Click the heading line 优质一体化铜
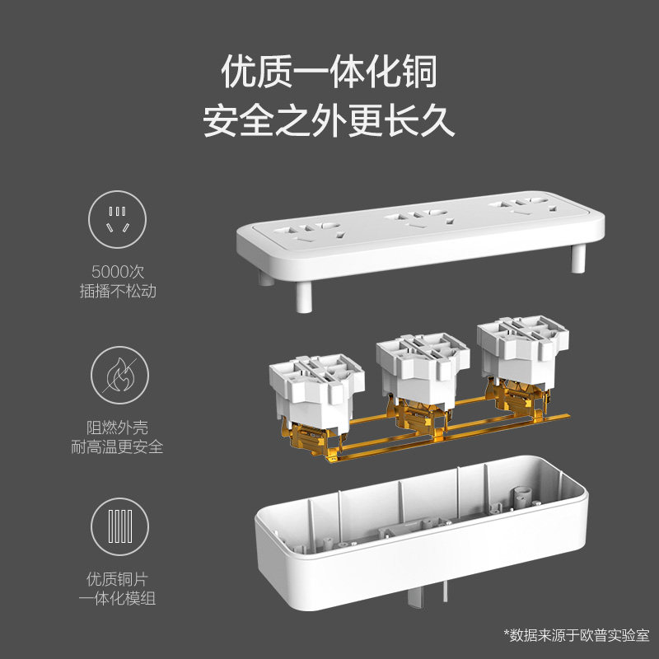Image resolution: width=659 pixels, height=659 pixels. pyautogui.click(x=329, y=72)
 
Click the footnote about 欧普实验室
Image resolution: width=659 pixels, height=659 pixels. pyautogui.click(x=577, y=635)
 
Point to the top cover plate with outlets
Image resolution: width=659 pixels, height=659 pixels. pyautogui.click(x=420, y=231)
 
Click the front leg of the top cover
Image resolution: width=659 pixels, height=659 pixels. pyautogui.click(x=301, y=297)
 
